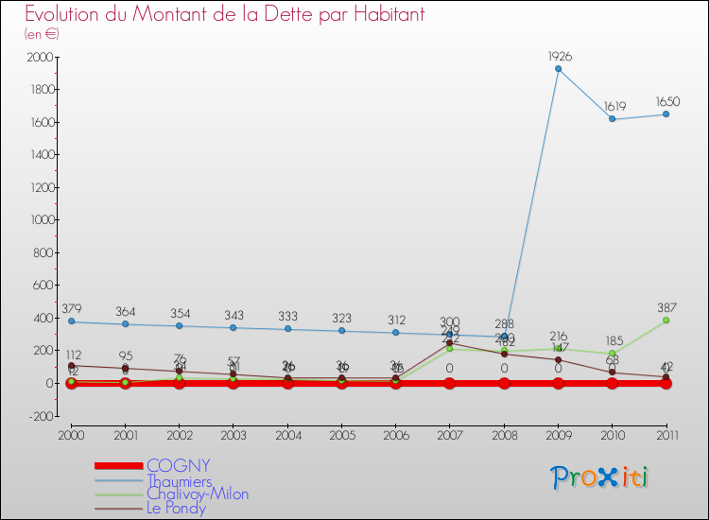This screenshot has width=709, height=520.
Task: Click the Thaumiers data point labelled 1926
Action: pyautogui.click(x=559, y=69)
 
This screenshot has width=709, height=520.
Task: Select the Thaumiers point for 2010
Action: pyautogui.click(x=613, y=119)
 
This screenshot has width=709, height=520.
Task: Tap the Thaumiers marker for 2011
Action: pyautogui.click(x=666, y=114)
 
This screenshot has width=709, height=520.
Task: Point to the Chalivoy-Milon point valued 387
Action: pyautogui.click(x=666, y=321)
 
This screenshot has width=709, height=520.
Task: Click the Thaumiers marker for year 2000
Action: pyautogui.click(x=71, y=321)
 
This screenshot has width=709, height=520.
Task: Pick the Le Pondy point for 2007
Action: pyautogui.click(x=450, y=343)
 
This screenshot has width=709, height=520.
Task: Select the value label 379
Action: pyautogui.click(x=71, y=308)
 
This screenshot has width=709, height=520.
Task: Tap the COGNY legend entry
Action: pyautogui.click(x=178, y=465)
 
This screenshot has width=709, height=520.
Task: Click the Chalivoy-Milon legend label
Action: pyautogui.click(x=198, y=494)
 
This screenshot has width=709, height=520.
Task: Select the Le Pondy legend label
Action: pyautogui.click(x=176, y=508)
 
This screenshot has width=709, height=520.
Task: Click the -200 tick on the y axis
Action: pyautogui.click(x=38, y=415)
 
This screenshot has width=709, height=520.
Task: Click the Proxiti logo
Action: pyautogui.click(x=600, y=477)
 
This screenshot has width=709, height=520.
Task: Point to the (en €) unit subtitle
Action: pyautogui.click(x=43, y=34)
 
